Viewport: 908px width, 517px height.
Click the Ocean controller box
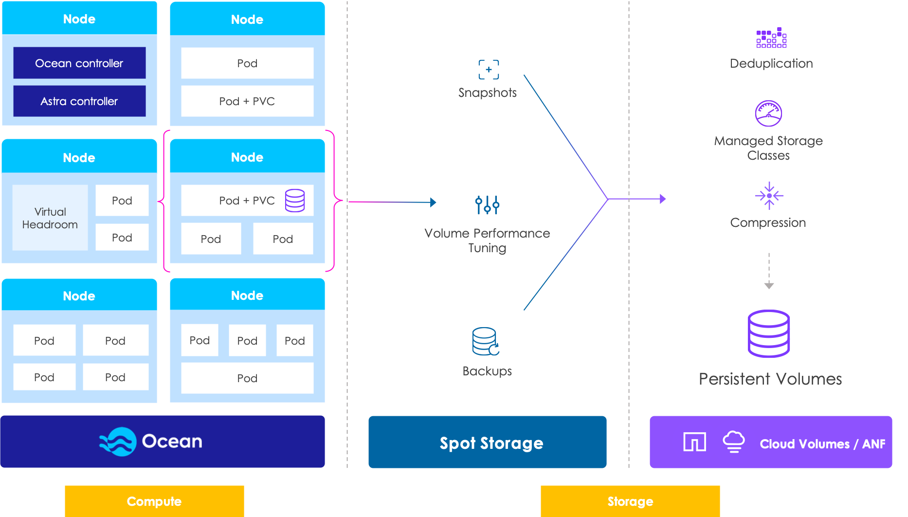79,63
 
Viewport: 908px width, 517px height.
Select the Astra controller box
79,101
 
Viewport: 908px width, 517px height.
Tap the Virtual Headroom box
50,218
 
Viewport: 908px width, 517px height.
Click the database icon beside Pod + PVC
295,200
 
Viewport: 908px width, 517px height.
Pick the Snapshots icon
489,70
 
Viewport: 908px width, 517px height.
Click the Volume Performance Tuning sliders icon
487,204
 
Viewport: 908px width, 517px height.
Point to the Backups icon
486,341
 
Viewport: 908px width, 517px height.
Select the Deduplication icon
771,38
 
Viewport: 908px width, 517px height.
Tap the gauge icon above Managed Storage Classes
768,113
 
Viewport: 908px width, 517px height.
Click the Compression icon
769,196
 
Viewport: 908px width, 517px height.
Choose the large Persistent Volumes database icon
769,333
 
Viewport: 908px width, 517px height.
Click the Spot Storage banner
487,442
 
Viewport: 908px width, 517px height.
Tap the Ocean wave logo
118,442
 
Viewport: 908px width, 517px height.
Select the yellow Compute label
154,501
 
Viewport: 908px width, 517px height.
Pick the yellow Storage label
630,501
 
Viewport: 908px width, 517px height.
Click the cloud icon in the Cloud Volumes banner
733,442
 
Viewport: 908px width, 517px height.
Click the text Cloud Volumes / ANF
822,444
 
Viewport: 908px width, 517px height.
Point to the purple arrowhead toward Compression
663,199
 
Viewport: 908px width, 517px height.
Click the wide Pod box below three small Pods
247,378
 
